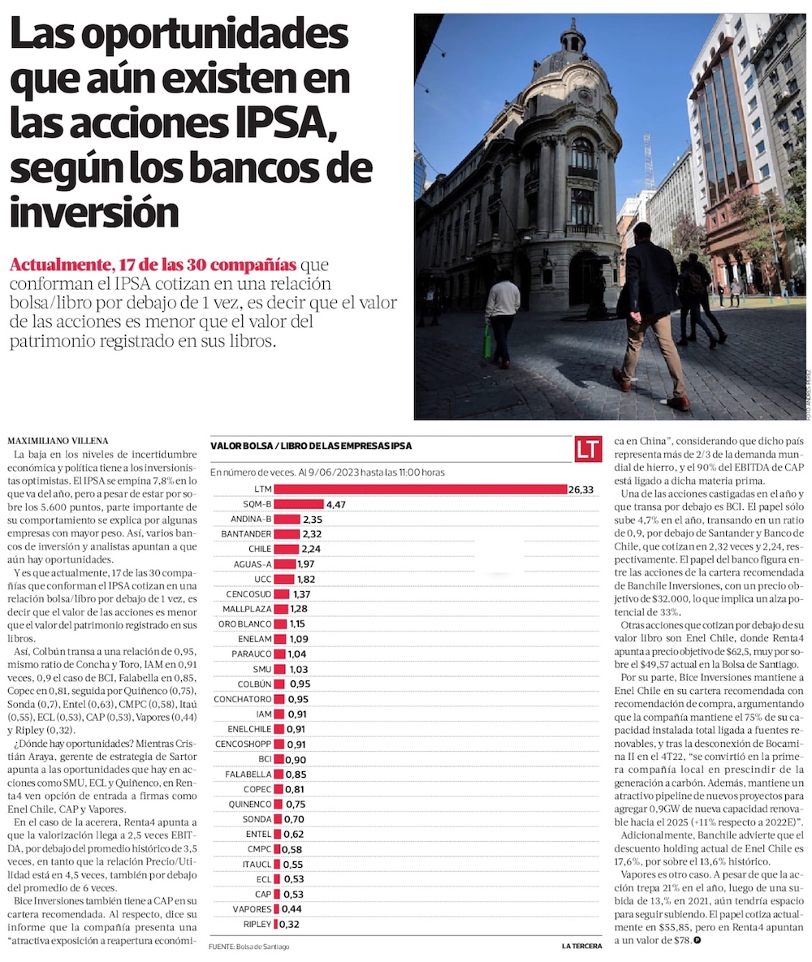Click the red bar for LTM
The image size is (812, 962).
[419, 489]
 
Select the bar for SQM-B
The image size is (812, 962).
[298, 504]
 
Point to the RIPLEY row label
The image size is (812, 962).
[257, 924]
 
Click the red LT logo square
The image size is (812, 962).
[588, 449]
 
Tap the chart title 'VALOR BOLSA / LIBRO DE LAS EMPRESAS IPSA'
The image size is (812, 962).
[310, 446]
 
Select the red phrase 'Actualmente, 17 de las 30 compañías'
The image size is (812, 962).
[152, 265]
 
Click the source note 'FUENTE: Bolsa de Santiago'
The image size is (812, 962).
[249, 947]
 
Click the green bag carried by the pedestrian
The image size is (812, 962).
[488, 341]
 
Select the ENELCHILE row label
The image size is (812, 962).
[244, 728]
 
